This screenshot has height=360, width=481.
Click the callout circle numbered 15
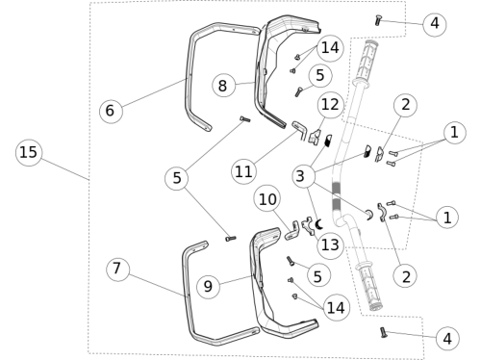pyautogui.click(x=29, y=152)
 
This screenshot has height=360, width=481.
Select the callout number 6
pyautogui.click(x=111, y=111)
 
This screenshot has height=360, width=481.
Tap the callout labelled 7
pyautogui.click(x=118, y=270)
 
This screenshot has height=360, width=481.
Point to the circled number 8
pyautogui.click(x=223, y=86)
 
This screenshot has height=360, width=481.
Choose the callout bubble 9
pyautogui.click(x=209, y=286)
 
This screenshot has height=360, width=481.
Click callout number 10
pyautogui.click(x=266, y=199)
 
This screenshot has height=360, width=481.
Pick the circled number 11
pyautogui.click(x=243, y=172)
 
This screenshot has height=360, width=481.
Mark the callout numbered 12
pyautogui.click(x=330, y=105)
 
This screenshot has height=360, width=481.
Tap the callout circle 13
pyautogui.click(x=330, y=245)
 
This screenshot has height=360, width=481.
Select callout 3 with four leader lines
pyautogui.click(x=304, y=176)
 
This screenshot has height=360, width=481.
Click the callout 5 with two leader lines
pyautogui.click(x=177, y=178)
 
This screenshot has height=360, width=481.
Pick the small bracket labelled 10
pyautogui.click(x=292, y=232)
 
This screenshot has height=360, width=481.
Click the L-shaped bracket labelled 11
pyautogui.click(x=301, y=130)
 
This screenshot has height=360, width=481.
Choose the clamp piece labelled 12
pyautogui.click(x=315, y=136)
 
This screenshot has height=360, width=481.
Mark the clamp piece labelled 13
pyautogui.click(x=308, y=225)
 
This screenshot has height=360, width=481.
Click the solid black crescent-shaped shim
pyautogui.click(x=318, y=224)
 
